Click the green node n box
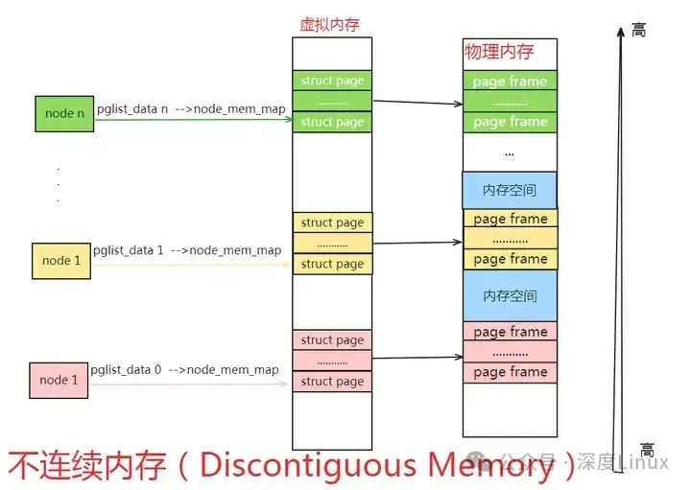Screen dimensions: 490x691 click(64, 113)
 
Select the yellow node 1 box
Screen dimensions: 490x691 click(60, 260)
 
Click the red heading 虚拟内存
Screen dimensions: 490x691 click(329, 25)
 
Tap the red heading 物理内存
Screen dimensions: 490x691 click(499, 51)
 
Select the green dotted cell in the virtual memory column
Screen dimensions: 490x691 click(332, 102)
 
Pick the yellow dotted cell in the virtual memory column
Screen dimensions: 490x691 click(332, 244)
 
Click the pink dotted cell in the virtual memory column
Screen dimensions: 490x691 click(332, 361)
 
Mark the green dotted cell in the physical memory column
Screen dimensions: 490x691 click(510, 102)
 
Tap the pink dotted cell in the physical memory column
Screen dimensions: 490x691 click(510, 352)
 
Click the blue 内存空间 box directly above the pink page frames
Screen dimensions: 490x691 click(510, 295)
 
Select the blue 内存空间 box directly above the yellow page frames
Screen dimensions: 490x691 click(510, 189)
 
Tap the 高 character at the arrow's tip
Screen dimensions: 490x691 click(638, 30)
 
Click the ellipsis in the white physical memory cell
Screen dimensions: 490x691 click(510, 152)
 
